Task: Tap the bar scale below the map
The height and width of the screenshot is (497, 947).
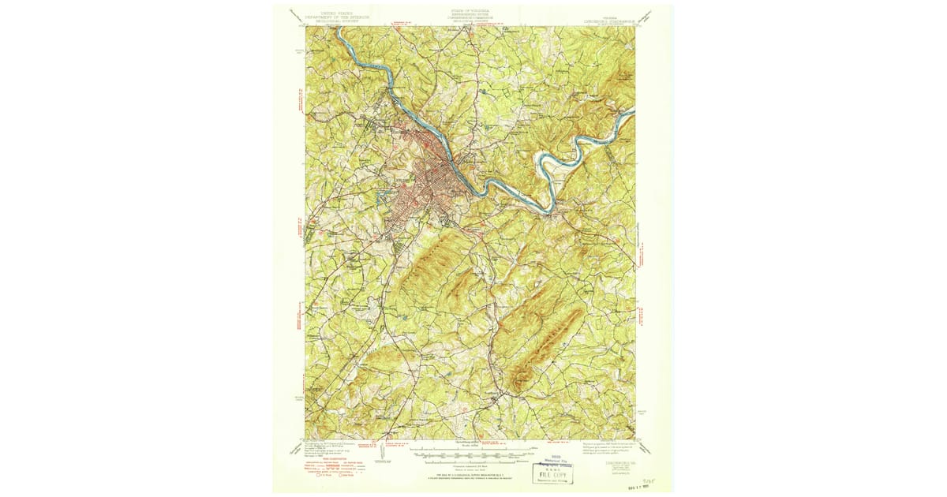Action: [x=471, y=454]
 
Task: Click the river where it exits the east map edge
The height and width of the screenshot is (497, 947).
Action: [x=631, y=114]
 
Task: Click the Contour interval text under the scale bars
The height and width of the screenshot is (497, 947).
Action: [x=472, y=465]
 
